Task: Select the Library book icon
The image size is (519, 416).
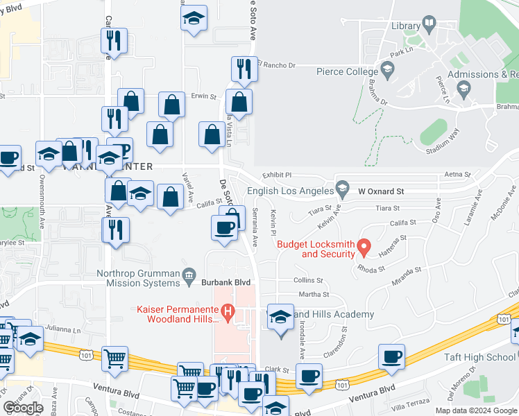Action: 429,26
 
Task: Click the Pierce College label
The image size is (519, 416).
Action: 344,70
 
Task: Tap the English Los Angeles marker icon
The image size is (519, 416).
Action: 341,187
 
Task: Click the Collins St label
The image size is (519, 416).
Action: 308,280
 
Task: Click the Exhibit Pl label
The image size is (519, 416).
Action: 278,175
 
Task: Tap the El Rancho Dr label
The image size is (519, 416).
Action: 276,66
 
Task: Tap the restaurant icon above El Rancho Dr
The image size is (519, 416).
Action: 244,68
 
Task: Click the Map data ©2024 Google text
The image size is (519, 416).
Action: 475,410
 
